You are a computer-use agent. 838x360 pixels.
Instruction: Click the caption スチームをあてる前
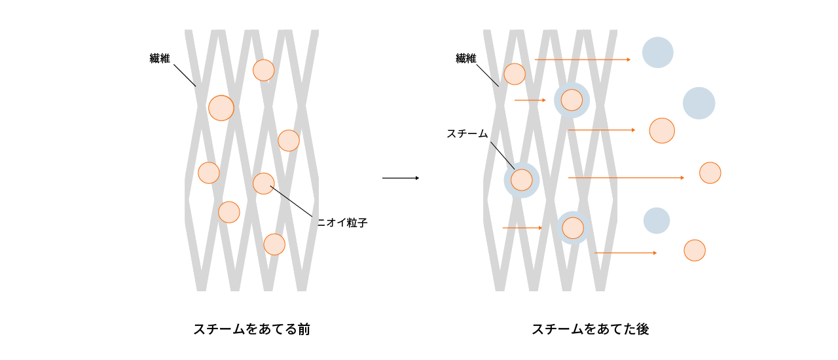[251, 329]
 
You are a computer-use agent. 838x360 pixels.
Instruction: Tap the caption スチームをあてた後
[590, 329]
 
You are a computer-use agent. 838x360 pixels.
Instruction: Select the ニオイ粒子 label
[342, 223]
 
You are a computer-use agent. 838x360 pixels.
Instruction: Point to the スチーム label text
[467, 134]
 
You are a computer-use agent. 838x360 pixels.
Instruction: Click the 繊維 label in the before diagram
[160, 59]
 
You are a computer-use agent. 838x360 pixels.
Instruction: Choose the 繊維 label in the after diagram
[465, 59]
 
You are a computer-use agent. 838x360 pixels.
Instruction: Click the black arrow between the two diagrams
[400, 178]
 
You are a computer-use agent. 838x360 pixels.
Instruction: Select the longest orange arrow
[626, 177]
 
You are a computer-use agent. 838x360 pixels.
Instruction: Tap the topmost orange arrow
[583, 60]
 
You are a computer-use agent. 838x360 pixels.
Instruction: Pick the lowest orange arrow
[625, 253]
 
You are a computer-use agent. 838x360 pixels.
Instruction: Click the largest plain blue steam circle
[699, 103]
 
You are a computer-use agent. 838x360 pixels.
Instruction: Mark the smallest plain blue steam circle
[656, 221]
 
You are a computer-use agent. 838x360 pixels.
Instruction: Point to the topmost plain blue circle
[657, 52]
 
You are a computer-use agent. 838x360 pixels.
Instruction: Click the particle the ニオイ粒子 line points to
[263, 183]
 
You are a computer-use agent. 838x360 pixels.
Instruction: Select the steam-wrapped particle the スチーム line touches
[521, 179]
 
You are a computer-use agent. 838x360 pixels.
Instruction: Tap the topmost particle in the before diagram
[263, 70]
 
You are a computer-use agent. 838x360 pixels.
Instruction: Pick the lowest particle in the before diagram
[274, 244]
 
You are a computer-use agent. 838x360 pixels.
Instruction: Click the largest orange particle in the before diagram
[221, 107]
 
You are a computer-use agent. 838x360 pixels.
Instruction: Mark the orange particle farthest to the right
[710, 173]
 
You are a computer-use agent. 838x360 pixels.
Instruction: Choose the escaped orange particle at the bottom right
[694, 250]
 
